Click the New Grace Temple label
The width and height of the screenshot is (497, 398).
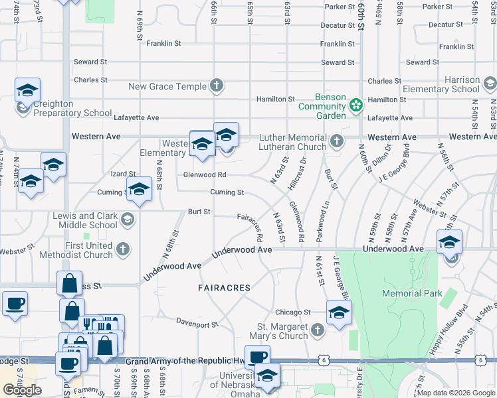click(x=167, y=86)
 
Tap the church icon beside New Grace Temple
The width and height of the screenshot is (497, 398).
click(x=216, y=86)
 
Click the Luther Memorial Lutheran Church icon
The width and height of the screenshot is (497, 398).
click(x=337, y=141)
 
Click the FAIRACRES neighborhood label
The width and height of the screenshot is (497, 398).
click(x=224, y=288)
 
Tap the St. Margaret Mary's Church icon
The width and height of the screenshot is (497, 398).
click(x=317, y=330)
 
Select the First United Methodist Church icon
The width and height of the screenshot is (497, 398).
click(x=122, y=249)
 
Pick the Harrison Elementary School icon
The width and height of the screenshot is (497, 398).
click(x=490, y=84)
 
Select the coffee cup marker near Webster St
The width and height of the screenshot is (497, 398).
click(x=15, y=304)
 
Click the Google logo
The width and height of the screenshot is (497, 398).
click(x=22, y=390)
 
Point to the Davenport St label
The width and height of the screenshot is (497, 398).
click(x=197, y=324)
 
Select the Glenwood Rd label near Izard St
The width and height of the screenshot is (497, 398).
click(x=205, y=174)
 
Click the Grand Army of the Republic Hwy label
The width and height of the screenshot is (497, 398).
click(x=187, y=360)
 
